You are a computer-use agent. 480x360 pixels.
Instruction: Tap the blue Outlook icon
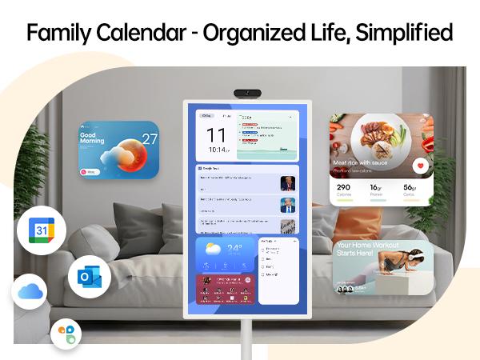click(x=89, y=277)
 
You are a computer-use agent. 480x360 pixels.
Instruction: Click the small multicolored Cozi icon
click(x=66, y=334)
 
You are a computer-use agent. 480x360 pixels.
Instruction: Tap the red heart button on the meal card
click(x=422, y=166)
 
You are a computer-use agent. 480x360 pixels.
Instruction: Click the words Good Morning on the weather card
click(x=93, y=141)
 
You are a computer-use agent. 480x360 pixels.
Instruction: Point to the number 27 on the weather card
click(x=150, y=138)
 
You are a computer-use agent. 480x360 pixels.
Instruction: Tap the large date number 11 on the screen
click(x=216, y=134)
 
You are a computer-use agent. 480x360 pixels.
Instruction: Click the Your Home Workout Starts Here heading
click(x=366, y=250)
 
